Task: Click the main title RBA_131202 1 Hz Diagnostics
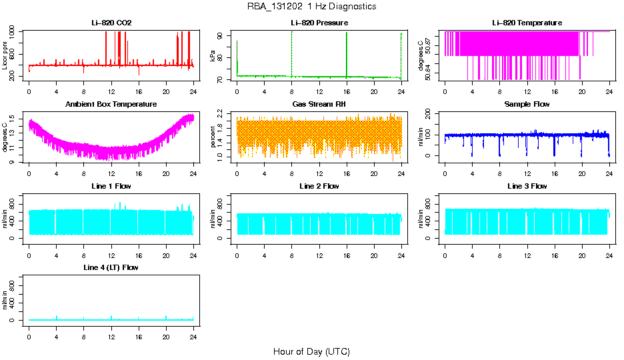click(x=311, y=7)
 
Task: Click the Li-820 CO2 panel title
click(x=111, y=23)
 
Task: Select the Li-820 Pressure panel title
click(x=319, y=23)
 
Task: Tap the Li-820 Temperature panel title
click(x=527, y=23)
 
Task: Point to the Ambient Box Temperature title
click(x=111, y=105)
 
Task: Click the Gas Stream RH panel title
click(x=319, y=105)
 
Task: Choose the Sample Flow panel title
click(x=527, y=105)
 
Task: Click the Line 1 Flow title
click(x=111, y=186)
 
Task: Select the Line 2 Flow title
click(x=319, y=186)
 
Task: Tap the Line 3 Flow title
click(x=527, y=186)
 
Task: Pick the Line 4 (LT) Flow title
click(x=111, y=267)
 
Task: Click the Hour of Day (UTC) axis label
click(x=311, y=351)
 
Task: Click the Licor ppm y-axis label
click(x=5, y=56)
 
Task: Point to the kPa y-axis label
click(x=213, y=56)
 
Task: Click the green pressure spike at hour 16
click(x=347, y=53)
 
